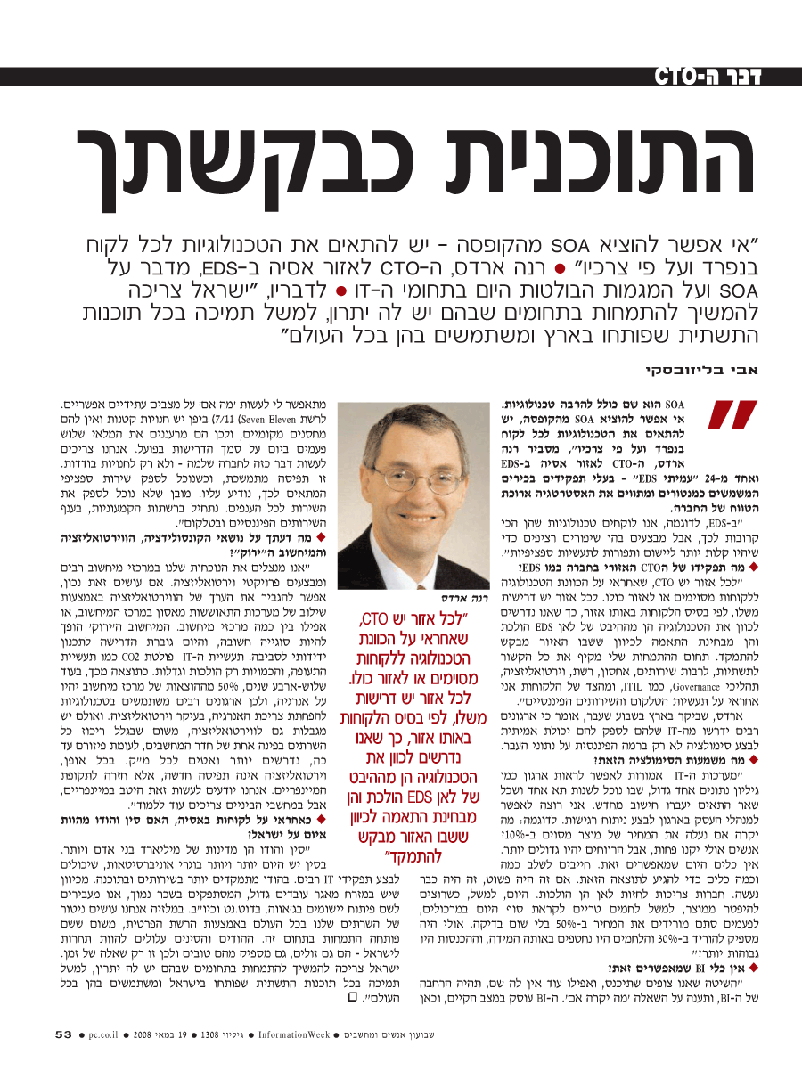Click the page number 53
pyautogui.click(x=63, y=1035)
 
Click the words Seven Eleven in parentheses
pyautogui.click(x=242, y=418)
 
